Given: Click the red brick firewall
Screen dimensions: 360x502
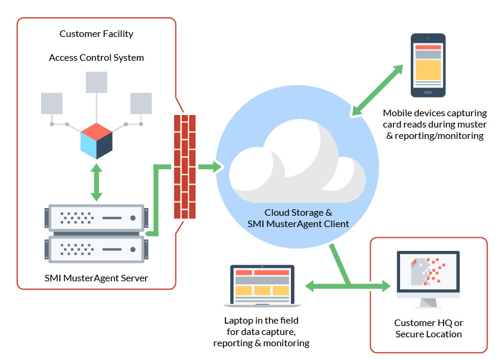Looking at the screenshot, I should point(184,167).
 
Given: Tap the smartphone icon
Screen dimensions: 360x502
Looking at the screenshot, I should point(427,65).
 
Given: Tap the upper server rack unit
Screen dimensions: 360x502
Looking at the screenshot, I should point(96,218).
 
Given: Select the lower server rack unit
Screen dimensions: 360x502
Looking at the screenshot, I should point(96,248).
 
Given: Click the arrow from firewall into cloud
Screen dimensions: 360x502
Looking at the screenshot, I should point(209,167).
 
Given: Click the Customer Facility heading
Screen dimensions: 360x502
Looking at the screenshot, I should point(96,34).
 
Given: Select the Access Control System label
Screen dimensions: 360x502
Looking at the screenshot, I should point(96,58).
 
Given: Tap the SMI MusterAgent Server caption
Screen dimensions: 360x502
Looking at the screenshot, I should point(96,278).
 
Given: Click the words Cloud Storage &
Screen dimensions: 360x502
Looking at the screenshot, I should point(298,212).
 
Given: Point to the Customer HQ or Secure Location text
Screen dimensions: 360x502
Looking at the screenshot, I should point(428,328).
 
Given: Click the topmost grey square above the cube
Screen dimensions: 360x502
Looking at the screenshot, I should point(96,82).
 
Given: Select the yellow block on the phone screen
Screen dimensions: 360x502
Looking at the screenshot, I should point(427,70).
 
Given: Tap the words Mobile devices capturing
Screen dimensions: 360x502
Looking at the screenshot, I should point(435,113).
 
